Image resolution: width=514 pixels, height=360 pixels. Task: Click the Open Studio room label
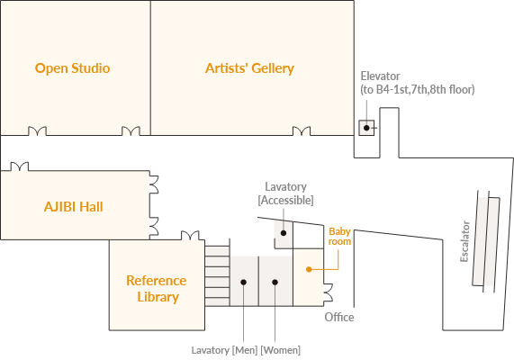72,68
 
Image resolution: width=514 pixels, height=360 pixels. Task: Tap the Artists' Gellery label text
249,68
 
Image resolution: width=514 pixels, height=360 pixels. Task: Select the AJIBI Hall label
74,207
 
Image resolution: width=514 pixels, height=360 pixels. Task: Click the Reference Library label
157,289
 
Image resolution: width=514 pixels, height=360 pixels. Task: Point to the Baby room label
339,237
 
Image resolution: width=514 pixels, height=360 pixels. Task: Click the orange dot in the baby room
309,269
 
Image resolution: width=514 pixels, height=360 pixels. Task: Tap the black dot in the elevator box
366,128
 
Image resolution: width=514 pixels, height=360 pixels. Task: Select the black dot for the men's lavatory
243,282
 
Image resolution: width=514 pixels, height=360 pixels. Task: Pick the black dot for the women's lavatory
275,282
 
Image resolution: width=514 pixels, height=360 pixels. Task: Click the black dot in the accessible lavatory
284,233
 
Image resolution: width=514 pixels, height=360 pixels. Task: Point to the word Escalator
464,241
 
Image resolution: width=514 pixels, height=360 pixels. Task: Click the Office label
339,318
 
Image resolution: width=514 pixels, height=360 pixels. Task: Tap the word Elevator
380,76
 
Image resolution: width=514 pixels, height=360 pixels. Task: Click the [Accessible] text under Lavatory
286,200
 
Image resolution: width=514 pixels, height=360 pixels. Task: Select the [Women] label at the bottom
280,350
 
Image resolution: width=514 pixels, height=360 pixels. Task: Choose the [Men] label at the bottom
245,350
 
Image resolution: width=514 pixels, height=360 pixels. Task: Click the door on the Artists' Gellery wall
302,131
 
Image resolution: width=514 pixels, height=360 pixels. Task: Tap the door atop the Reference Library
190,236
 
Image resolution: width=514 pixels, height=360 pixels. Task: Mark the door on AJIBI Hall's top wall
20,166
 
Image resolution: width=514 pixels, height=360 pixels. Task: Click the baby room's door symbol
329,292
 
